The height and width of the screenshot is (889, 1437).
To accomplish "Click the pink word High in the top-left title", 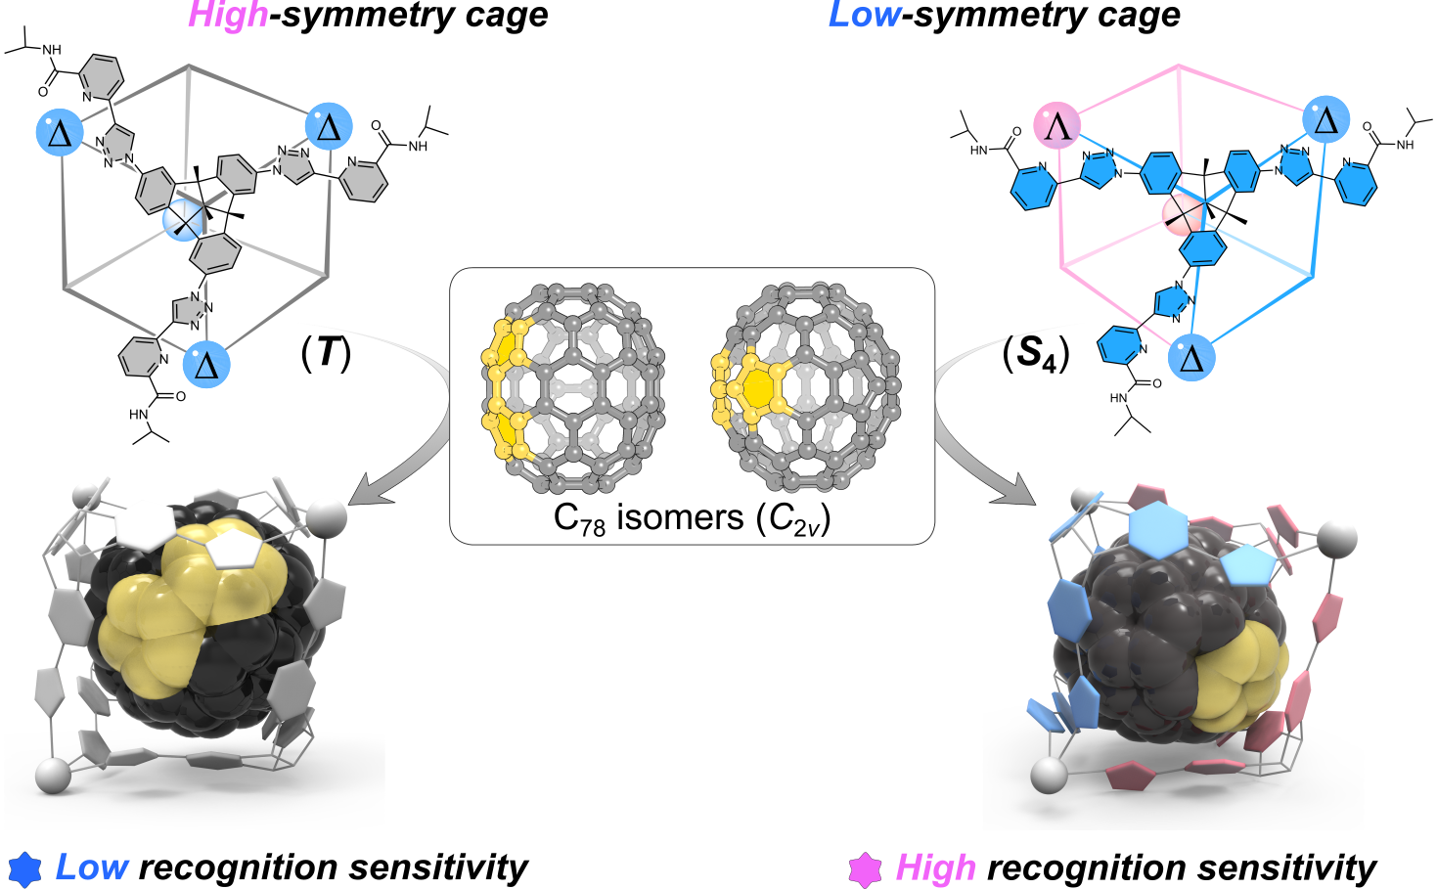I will click(x=228, y=15).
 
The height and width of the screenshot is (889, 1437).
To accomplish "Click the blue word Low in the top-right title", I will click(x=864, y=15).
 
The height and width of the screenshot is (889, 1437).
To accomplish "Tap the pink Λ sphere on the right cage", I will click(x=1057, y=124).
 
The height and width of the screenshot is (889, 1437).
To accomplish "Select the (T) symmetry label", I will click(x=326, y=352).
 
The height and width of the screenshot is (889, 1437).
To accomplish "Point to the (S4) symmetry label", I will click(x=1036, y=352).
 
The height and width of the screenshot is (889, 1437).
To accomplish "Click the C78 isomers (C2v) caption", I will click(x=692, y=517).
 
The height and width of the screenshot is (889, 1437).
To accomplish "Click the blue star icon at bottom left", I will click(x=24, y=868).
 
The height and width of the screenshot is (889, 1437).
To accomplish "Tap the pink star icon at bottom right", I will click(x=865, y=868).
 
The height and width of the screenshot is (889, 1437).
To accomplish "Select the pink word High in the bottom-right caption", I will click(x=935, y=867).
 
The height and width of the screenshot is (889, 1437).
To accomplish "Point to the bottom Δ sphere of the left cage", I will click(x=206, y=364).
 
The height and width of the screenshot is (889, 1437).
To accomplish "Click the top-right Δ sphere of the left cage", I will click(x=329, y=126).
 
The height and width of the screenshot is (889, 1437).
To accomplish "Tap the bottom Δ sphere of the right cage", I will click(x=1191, y=357).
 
